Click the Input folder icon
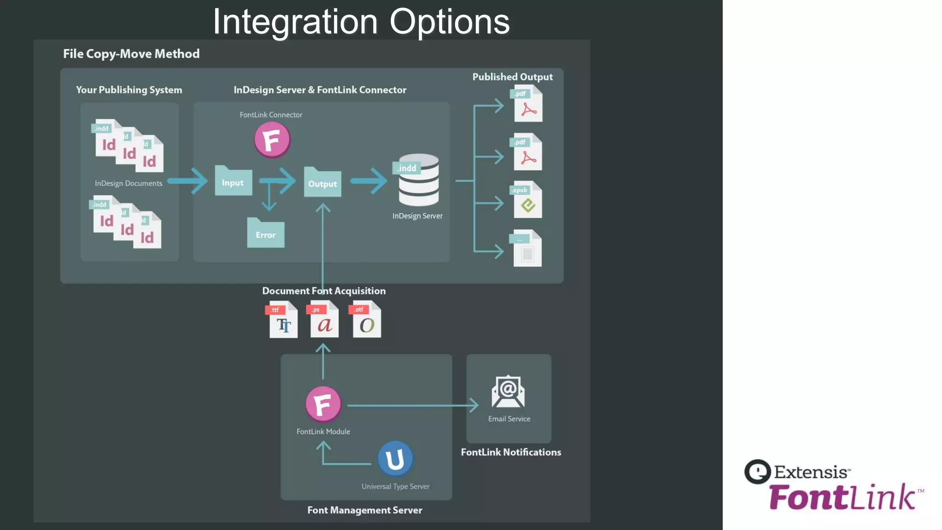[x=233, y=181]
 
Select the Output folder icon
[x=322, y=182]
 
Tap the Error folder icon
[x=265, y=233]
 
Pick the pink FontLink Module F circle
[x=323, y=404]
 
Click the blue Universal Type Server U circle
[x=395, y=459]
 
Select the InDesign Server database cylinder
[x=418, y=180]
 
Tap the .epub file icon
[x=527, y=200]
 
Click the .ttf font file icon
[x=282, y=320]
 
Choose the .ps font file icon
[x=324, y=320]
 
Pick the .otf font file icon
[x=366, y=320]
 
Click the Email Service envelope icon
[x=508, y=392]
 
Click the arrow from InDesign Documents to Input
[x=189, y=181]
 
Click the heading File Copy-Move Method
[x=131, y=54]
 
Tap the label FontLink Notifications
[x=511, y=452]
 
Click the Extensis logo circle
[x=757, y=472]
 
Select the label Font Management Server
[x=364, y=510]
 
